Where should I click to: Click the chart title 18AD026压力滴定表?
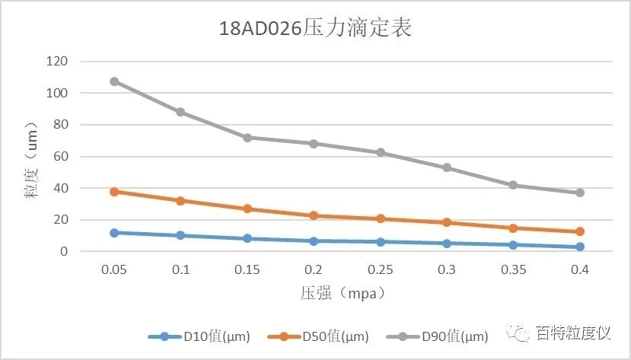click(315, 30)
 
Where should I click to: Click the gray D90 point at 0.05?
click(114, 81)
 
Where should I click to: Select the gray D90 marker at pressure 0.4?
click(580, 193)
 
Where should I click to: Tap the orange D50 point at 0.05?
click(114, 192)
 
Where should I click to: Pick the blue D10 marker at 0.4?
click(580, 247)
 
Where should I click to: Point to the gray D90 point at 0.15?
click(247, 138)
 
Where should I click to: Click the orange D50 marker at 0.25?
click(381, 218)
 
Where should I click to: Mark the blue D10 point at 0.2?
click(314, 241)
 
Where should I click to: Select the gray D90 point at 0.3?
click(447, 167)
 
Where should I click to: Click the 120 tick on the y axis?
click(57, 61)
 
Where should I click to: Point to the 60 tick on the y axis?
click(60, 157)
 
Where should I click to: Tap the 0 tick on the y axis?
click(64, 251)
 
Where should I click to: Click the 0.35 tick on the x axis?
click(513, 270)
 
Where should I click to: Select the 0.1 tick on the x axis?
click(180, 270)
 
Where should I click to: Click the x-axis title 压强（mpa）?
click(348, 292)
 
